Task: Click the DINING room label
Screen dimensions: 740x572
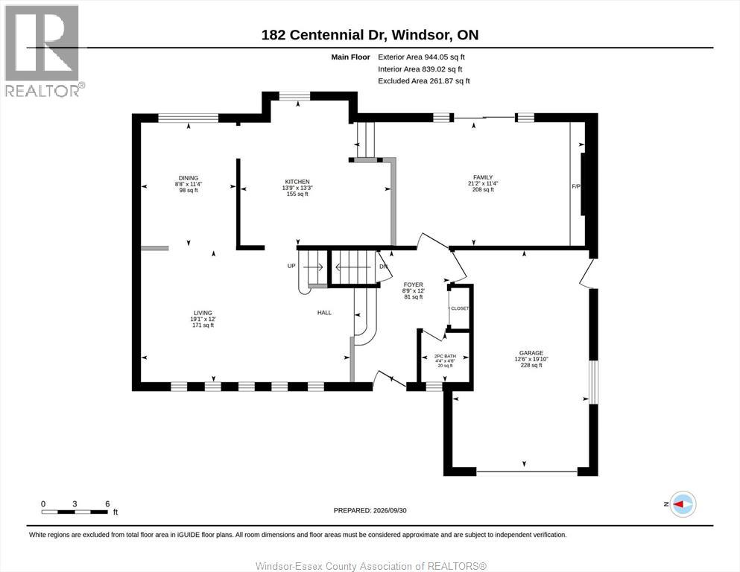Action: [189, 178]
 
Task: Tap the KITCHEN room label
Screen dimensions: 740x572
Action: [297, 182]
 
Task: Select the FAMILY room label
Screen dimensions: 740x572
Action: [483, 177]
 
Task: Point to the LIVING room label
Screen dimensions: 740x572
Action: [203, 313]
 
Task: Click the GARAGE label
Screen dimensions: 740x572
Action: [531, 353]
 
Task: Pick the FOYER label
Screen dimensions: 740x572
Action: [414, 285]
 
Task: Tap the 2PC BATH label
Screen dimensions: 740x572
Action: [445, 356]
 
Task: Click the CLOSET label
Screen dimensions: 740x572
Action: [460, 308]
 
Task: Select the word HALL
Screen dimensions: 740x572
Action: [324, 313]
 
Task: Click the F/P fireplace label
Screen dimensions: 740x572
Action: [576, 187]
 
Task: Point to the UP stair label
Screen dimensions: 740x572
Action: [291, 266]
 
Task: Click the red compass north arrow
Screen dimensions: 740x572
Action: [679, 504]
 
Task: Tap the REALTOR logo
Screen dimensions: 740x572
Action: [45, 51]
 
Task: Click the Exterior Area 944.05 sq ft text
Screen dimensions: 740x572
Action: [422, 57]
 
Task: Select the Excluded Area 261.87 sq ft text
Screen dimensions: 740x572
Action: [424, 80]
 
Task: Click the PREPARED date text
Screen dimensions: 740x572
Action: [370, 510]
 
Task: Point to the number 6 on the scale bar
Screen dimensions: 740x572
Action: [107, 504]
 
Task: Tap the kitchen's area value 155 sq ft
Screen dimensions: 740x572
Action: [297, 194]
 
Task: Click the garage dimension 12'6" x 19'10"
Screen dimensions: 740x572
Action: [531, 359]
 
